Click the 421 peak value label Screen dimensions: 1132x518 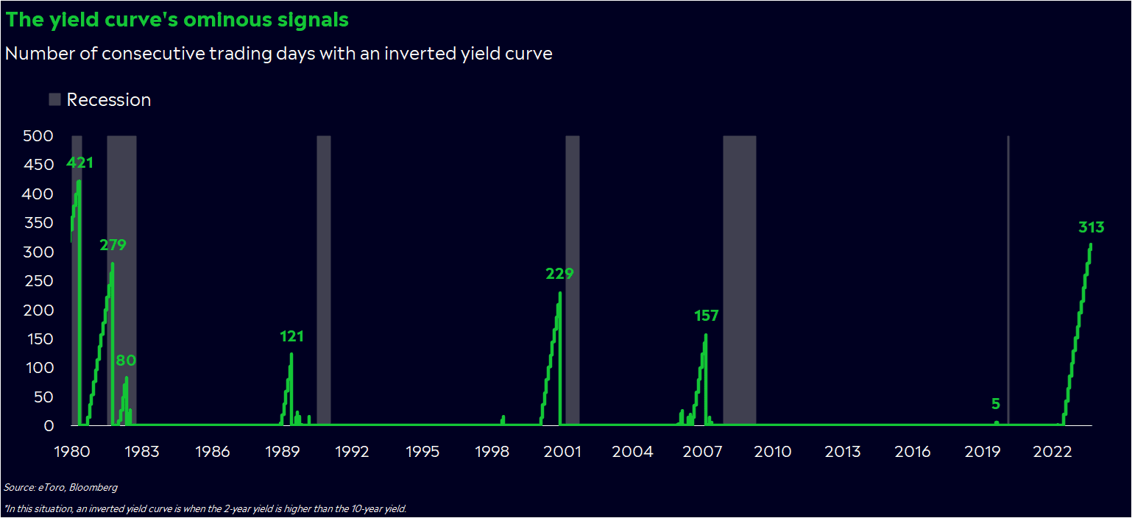(79, 163)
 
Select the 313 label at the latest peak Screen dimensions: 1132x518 (1091, 227)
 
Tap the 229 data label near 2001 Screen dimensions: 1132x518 (559, 274)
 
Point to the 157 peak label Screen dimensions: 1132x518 (706, 316)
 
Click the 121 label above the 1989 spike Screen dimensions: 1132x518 (291, 336)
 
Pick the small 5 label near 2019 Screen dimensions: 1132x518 (996, 404)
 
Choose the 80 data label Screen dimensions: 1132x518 (126, 361)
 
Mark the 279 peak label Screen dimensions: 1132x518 (113, 245)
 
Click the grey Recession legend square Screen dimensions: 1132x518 (54, 99)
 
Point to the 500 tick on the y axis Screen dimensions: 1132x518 (38, 136)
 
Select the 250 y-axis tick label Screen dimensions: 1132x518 (39, 281)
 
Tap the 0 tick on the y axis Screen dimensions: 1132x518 (49, 426)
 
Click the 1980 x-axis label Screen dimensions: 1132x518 (71, 451)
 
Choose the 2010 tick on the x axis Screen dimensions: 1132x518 (772, 451)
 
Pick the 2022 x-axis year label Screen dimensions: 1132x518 (1053, 451)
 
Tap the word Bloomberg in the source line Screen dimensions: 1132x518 (93, 488)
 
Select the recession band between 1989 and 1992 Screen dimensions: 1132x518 (324, 280)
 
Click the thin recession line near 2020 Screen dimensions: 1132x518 (1008, 280)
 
